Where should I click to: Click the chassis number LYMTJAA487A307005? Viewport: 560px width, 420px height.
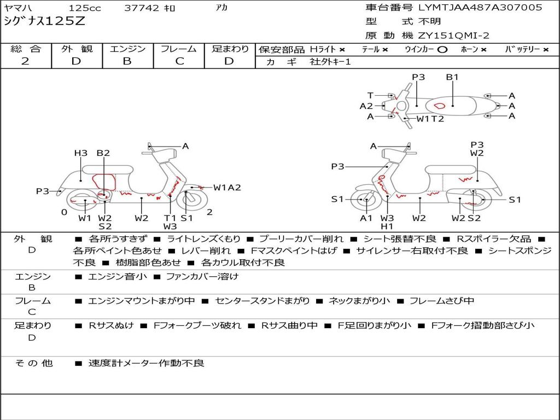click(480, 8)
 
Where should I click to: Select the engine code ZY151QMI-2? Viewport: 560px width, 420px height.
click(454, 36)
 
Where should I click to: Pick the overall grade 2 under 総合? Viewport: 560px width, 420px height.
click(25, 61)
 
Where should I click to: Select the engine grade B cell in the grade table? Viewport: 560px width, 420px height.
click(127, 61)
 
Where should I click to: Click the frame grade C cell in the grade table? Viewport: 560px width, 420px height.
click(179, 61)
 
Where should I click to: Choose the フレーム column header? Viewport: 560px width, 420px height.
click(179, 49)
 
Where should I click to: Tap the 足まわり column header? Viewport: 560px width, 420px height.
click(230, 49)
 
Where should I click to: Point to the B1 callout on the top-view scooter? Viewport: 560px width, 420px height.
click(452, 77)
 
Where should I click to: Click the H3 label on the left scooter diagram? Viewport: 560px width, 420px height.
click(80, 153)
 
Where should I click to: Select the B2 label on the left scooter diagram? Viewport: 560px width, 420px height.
click(103, 153)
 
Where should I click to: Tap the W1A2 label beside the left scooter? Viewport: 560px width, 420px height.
click(227, 188)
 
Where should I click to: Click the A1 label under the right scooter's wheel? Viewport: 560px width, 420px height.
click(366, 218)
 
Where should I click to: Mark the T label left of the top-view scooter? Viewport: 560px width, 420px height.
click(370, 95)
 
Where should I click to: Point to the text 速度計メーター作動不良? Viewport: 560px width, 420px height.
click(146, 363)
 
